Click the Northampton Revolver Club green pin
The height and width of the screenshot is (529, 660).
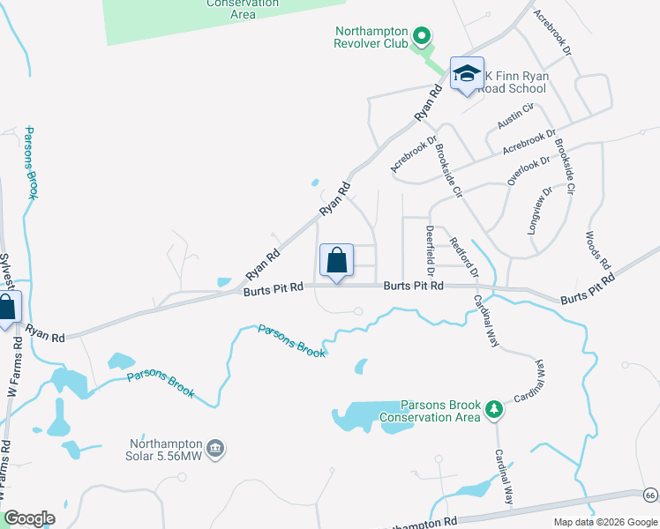click(x=422, y=37)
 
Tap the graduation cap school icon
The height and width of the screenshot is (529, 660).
click(x=466, y=75)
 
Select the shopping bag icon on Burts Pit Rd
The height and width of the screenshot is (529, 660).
click(x=336, y=261)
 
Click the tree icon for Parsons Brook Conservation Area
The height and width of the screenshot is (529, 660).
click(x=495, y=409)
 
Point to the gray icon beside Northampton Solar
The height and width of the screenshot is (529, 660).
click(x=218, y=450)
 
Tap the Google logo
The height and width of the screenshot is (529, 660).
click(x=29, y=518)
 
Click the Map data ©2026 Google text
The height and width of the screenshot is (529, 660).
click(x=604, y=522)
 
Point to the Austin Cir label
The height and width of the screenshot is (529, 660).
click(x=516, y=116)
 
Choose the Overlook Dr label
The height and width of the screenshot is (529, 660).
click(x=528, y=170)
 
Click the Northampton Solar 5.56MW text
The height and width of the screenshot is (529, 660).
click(x=168, y=450)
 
